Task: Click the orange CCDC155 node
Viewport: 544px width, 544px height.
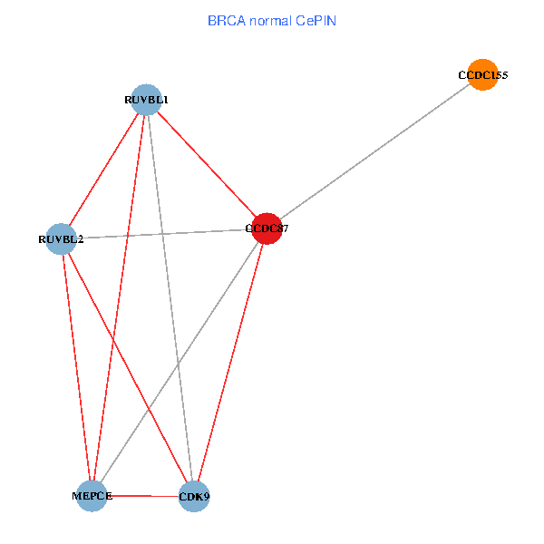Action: [483, 75]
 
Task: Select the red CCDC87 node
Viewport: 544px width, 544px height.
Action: [267, 228]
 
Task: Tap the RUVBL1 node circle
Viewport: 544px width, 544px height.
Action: [146, 99]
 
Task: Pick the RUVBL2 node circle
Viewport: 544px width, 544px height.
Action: [61, 239]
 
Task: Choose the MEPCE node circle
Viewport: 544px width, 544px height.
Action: [92, 496]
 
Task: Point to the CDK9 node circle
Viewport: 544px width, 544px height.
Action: [194, 497]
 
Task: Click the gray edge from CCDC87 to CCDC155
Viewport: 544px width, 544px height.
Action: [374, 152]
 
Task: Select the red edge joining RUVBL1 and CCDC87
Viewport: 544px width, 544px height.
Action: [206, 163]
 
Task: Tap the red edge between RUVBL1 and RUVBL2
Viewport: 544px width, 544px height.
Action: [103, 169]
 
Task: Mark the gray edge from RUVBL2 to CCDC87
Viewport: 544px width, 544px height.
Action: [163, 234]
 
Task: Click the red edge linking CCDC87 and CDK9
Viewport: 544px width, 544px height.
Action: [230, 363]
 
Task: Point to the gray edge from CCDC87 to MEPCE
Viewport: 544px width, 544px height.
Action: [179, 363]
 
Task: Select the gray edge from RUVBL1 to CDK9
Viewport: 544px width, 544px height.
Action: [170, 297]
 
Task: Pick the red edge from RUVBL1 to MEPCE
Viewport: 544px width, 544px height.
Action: [119, 297]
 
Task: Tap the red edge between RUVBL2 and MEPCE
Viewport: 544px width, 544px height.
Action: [76, 367]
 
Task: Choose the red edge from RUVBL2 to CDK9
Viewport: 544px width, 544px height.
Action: [127, 368]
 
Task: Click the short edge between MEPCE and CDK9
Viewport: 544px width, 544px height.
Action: [143, 496]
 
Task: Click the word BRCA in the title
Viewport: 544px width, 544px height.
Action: [224, 19]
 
